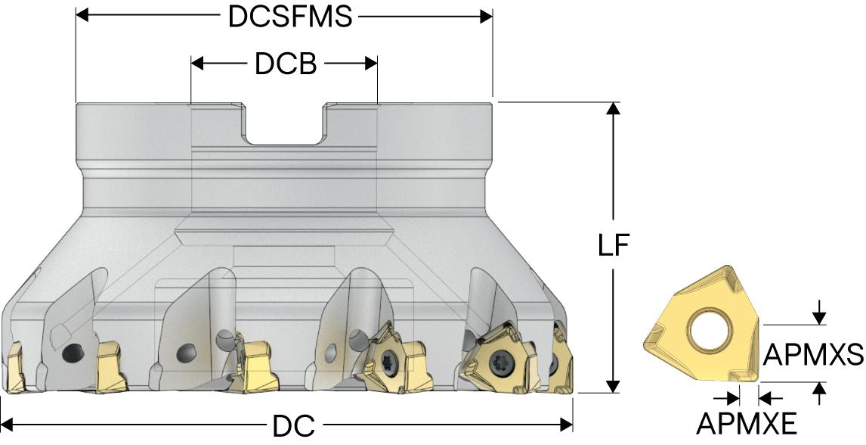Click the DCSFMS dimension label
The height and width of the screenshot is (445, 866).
291,17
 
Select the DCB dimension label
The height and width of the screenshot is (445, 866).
285,64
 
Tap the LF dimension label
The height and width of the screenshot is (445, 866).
614,247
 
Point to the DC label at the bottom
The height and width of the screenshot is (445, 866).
293,426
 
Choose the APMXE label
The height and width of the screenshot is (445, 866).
747,425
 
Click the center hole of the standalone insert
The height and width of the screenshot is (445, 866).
707,331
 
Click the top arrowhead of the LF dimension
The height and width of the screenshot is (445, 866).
614,108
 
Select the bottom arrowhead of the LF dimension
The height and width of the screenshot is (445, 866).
614,386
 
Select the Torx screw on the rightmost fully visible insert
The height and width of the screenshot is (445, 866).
499,362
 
